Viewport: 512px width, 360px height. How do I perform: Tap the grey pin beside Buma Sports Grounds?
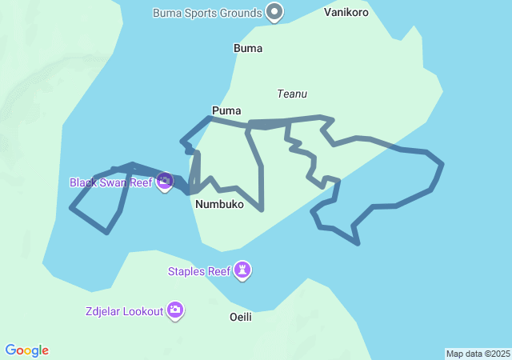[275, 12]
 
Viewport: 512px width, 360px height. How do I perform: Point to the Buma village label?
[248, 48]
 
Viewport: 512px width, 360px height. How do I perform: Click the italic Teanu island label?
[292, 94]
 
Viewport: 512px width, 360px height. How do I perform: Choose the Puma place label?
[226, 110]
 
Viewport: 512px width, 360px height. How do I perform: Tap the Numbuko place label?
[218, 205]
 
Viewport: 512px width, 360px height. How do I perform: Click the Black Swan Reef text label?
[110, 182]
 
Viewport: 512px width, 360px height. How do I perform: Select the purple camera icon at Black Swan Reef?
[165, 182]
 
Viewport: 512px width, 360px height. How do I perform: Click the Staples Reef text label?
[198, 271]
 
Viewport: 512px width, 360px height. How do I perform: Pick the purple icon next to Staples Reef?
[243, 270]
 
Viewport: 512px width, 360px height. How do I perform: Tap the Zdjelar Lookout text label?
[123, 310]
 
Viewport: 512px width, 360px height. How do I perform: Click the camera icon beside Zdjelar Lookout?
[175, 310]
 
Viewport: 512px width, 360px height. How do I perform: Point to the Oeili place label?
[241, 318]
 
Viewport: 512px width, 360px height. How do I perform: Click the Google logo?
[27, 350]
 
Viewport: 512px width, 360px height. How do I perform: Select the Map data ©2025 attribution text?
[478, 354]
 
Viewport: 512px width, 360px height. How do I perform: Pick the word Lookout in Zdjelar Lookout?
[142, 310]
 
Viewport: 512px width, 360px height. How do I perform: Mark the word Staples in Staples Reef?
[187, 271]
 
